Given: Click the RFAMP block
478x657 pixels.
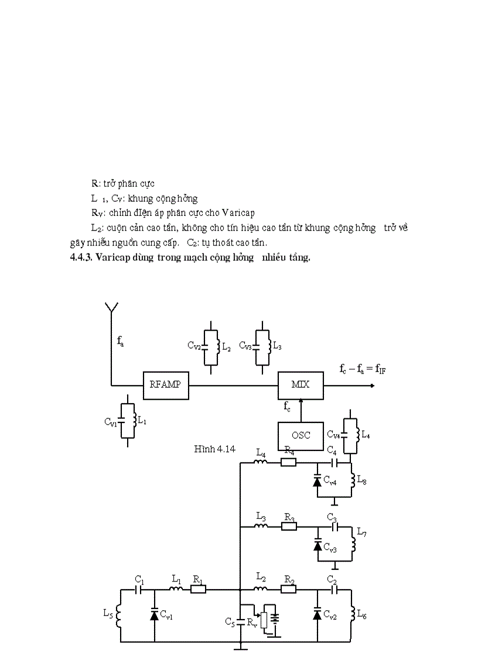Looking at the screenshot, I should point(166,384).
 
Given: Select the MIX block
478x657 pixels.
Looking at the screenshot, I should point(301,384).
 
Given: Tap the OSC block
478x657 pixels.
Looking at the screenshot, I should point(300,435).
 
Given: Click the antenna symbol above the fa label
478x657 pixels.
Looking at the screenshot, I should point(111,309).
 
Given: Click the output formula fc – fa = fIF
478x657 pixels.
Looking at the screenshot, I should point(361,369).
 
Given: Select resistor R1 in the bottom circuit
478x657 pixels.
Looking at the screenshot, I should point(198,590).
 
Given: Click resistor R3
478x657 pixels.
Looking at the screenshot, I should point(289,526).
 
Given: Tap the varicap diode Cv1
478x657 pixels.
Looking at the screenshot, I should point(155,615).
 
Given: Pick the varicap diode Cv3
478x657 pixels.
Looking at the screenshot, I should point(317,545).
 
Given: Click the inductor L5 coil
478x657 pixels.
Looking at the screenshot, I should point(118,615).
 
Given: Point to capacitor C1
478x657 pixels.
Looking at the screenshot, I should point(139,590).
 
